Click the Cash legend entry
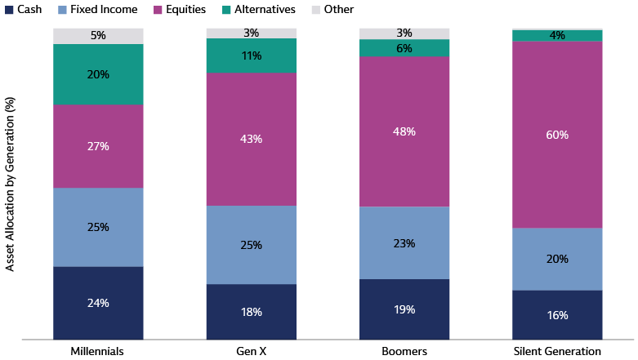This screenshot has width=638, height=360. [x=24, y=9]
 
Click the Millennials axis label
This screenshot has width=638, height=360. [x=98, y=351]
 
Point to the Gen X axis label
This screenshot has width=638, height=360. [x=251, y=351]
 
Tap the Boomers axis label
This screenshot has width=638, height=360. [x=404, y=351]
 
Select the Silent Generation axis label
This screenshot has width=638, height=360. [x=557, y=351]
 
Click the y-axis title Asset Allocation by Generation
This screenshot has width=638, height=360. [x=10, y=184]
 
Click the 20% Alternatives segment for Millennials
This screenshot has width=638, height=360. [x=98, y=74]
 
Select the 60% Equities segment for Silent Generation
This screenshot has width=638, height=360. [x=557, y=135]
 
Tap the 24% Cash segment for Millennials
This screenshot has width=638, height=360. [x=98, y=303]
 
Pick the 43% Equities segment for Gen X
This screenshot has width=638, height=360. [x=251, y=140]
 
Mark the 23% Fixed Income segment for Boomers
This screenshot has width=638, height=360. [x=404, y=243]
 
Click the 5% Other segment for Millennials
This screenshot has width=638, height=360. [x=98, y=36]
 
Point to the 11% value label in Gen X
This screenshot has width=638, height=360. [x=251, y=56]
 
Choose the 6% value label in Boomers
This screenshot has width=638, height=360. [x=404, y=49]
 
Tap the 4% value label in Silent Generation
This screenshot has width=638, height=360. [x=557, y=36]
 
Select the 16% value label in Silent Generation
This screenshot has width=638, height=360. [x=557, y=315]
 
